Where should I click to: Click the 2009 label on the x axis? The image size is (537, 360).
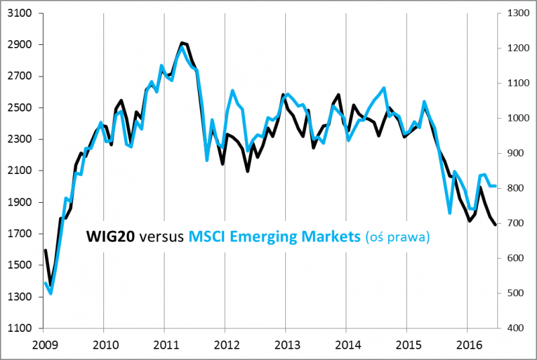click(x=43, y=345)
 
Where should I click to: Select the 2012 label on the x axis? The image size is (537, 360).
click(x=225, y=345)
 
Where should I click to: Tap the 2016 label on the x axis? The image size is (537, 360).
click(x=467, y=345)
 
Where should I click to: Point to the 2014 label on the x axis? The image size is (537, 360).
click(x=346, y=345)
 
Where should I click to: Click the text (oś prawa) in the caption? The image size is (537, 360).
click(x=398, y=237)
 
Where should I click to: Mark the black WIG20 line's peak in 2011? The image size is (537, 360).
click(x=181, y=42)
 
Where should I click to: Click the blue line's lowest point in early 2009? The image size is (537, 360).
click(x=51, y=293)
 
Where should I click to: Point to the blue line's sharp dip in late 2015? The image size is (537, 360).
click(x=450, y=213)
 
